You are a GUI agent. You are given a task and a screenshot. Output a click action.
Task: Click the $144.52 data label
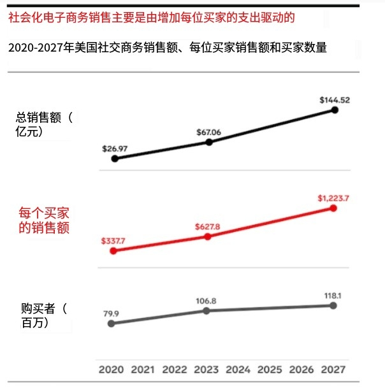335,99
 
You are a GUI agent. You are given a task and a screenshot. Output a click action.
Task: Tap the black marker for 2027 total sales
335,110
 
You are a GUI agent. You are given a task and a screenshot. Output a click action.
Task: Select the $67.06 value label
210,132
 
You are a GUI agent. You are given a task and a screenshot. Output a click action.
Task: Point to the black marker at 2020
115,159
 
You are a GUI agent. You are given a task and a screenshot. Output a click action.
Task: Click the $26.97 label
115,148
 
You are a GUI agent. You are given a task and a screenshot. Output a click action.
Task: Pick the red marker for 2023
207,236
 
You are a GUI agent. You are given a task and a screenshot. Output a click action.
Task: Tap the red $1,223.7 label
334,198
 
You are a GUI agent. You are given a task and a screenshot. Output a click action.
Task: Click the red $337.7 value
113,241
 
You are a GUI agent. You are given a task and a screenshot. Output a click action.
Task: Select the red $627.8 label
207,226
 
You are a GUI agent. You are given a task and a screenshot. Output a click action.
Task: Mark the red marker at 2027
333,208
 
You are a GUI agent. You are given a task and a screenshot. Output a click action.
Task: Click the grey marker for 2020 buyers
112,324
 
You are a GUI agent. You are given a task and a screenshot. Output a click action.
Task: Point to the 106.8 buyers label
207,300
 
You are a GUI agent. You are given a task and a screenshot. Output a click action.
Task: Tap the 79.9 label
112,313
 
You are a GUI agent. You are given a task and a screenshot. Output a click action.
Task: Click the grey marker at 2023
207,310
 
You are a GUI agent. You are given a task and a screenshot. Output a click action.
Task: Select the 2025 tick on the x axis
270,369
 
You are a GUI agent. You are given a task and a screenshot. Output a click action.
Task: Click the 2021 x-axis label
143,369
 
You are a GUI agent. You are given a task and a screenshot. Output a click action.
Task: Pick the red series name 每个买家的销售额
44,220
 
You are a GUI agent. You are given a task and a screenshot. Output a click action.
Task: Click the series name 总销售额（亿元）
45,124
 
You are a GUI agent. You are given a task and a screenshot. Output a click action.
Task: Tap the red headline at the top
151,17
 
